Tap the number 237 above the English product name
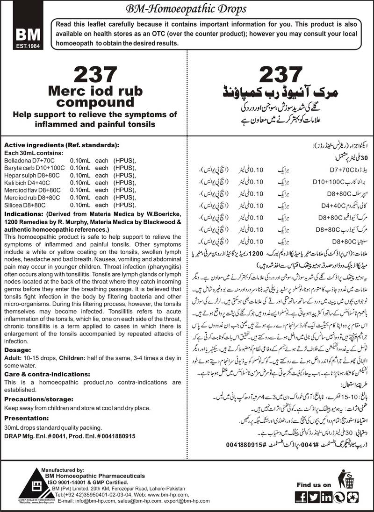pos(96,75)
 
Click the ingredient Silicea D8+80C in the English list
pos(25,204)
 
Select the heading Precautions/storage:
pos(36,386)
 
